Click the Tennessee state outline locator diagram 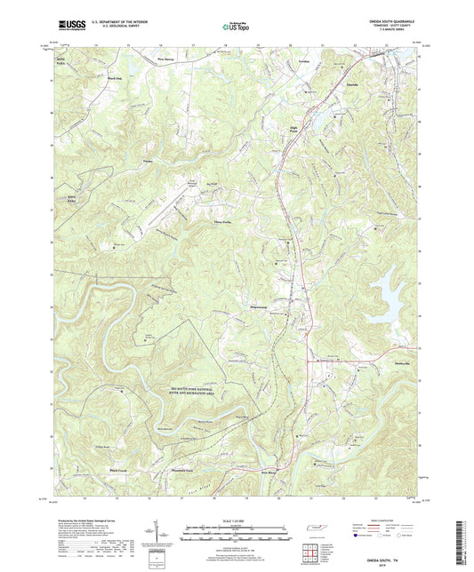[x=317, y=528]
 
